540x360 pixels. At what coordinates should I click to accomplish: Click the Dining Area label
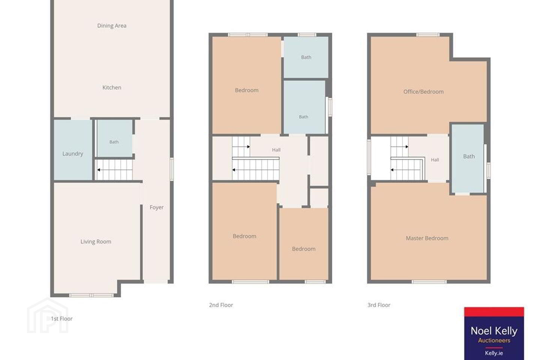[x=112, y=26]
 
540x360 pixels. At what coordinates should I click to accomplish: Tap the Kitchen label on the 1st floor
[x=112, y=87]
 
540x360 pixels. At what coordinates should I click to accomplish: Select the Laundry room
[x=73, y=150]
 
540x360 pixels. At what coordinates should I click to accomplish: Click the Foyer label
[x=156, y=207]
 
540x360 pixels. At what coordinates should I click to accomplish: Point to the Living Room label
[x=96, y=241]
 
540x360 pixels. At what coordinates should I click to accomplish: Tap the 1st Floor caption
[x=61, y=319]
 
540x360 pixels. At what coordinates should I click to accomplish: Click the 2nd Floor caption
[x=221, y=305]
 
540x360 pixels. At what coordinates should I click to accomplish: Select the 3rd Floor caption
[x=379, y=305]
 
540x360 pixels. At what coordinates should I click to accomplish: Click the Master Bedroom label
[x=427, y=238]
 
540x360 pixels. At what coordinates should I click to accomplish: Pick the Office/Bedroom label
[x=423, y=92]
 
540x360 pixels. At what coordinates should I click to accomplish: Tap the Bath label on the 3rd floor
[x=469, y=156]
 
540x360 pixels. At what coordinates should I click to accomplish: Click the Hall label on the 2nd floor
[x=276, y=150]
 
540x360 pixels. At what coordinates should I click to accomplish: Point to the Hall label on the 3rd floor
[x=435, y=160]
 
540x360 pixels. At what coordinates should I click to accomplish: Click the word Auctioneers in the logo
[x=494, y=340]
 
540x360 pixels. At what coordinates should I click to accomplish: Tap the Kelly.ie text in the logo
[x=494, y=353]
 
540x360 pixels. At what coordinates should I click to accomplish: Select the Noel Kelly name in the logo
[x=494, y=331]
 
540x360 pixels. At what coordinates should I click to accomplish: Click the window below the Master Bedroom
[x=429, y=282]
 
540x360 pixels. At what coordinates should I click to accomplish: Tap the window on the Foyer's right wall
[x=172, y=169]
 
